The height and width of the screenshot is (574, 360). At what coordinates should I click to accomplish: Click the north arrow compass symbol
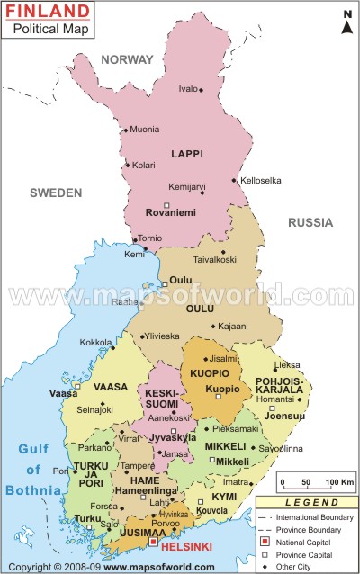346,22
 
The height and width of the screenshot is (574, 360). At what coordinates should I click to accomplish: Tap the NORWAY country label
128,59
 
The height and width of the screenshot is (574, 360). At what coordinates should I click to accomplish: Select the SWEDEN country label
56,193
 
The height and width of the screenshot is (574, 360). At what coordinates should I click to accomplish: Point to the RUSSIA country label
310,222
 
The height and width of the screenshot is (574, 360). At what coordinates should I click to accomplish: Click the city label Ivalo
187,88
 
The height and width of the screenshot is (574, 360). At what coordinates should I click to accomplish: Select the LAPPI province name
188,154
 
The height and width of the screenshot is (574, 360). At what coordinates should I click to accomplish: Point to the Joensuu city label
287,417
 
